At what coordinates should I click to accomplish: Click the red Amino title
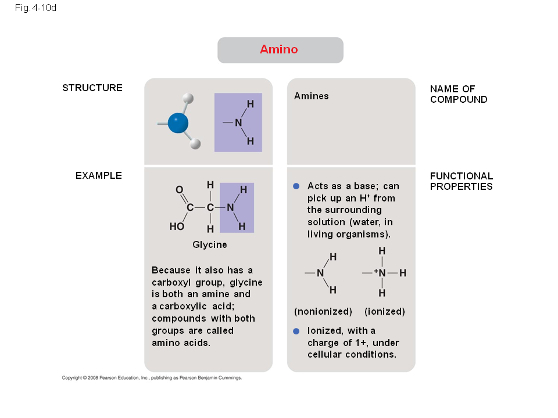click(278, 49)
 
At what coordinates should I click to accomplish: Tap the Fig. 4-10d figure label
click(35, 8)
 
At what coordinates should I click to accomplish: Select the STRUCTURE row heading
click(92, 88)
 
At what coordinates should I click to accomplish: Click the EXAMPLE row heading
click(99, 175)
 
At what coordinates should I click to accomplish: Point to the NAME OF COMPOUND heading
click(459, 94)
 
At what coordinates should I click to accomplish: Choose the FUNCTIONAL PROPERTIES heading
click(462, 181)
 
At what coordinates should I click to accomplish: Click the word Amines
click(312, 96)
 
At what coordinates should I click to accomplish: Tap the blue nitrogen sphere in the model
click(178, 123)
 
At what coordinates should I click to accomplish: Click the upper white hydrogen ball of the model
click(188, 99)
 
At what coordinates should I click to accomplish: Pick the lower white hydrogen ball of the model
click(195, 144)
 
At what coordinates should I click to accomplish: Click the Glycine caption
click(210, 245)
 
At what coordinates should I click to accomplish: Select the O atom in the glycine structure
click(180, 189)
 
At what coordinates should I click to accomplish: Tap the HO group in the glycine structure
click(177, 226)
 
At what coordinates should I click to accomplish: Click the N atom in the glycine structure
click(231, 207)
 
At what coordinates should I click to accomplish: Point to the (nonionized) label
click(323, 312)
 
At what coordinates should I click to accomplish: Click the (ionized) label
click(385, 312)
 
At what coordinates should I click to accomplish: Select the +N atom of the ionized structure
click(380, 273)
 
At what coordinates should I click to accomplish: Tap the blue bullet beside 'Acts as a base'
click(296, 186)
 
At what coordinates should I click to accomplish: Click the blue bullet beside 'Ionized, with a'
click(296, 331)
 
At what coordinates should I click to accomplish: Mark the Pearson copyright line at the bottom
click(152, 378)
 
